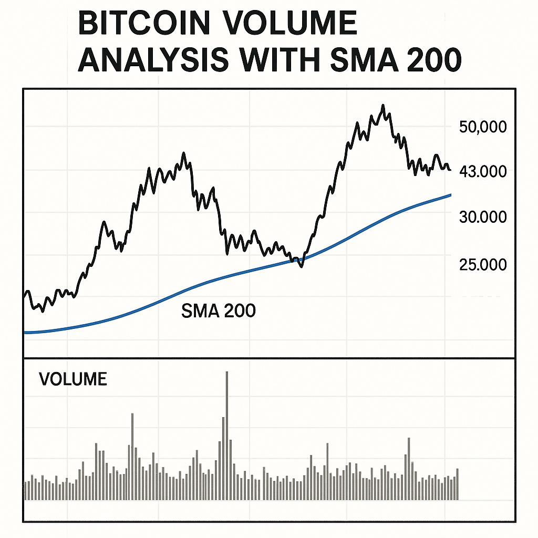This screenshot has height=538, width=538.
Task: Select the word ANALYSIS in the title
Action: tap(153, 61)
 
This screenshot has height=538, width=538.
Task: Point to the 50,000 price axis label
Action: tap(482, 127)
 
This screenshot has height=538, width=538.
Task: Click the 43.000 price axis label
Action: tap(482, 171)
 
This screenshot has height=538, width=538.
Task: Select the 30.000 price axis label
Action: tap(482, 217)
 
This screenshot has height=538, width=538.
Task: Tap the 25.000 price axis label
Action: tap(482, 264)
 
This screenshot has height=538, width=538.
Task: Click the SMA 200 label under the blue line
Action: tap(218, 311)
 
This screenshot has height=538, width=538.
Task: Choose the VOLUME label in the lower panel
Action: tap(73, 379)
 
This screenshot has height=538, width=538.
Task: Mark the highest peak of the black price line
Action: tap(384, 106)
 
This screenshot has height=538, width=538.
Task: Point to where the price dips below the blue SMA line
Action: tap(301, 265)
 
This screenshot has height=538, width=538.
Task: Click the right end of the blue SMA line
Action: tap(450, 195)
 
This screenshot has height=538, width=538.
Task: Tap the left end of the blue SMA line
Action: tap(25, 332)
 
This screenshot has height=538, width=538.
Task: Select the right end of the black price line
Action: tap(450, 169)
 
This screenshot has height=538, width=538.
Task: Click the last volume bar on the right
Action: tap(457, 484)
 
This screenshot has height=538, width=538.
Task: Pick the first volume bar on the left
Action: tap(25, 490)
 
